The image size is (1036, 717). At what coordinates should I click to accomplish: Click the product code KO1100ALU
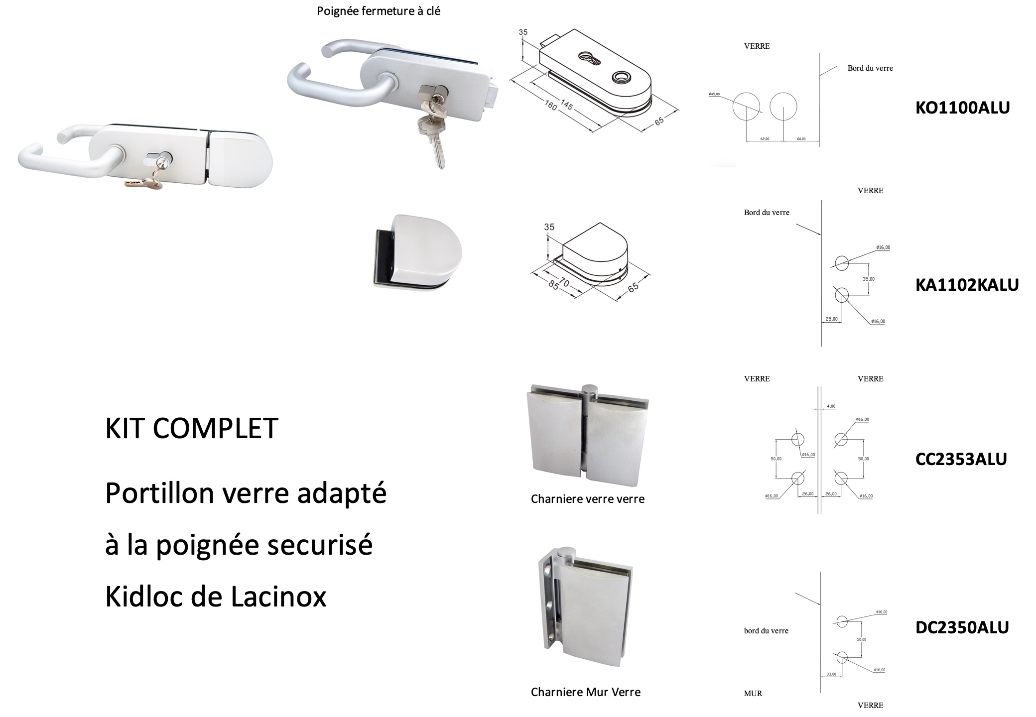pyautogui.click(x=962, y=108)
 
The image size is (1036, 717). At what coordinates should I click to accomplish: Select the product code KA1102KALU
pyautogui.click(x=967, y=285)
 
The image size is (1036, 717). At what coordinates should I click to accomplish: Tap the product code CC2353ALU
pyautogui.click(x=961, y=459)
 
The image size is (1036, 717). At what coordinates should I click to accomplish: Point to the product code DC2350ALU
pyautogui.click(x=962, y=627)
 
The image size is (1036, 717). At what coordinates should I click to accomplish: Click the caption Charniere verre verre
pyautogui.click(x=587, y=499)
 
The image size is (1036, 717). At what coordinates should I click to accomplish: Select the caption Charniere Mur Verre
pyautogui.click(x=585, y=692)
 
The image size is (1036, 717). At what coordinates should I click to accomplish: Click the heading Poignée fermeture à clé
pyautogui.click(x=379, y=11)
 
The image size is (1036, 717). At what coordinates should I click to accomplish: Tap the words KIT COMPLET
pyautogui.click(x=192, y=428)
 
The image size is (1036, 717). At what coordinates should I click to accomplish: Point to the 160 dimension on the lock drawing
pyautogui.click(x=551, y=105)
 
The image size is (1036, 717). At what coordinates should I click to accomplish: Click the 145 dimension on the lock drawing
pyautogui.click(x=566, y=105)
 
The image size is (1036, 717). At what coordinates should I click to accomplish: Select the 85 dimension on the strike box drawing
pyautogui.click(x=553, y=285)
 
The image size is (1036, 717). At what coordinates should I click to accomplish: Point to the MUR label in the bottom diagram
pyautogui.click(x=753, y=693)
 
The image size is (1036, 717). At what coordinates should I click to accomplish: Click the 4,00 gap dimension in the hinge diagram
pyautogui.click(x=831, y=406)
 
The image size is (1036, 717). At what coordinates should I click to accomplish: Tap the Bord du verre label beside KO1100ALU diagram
pyautogui.click(x=870, y=68)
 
